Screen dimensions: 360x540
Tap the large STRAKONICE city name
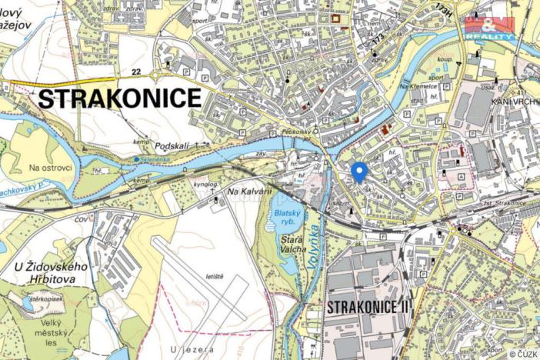[x=119, y=98]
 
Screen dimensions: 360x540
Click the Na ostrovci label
[x=50, y=168]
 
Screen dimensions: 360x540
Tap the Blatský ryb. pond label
[x=285, y=218]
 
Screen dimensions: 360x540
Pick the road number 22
[x=137, y=72]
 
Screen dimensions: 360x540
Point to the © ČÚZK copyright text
[x=522, y=354]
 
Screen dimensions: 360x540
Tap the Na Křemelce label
[x=418, y=88]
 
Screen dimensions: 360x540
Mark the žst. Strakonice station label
[x=499, y=203]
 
